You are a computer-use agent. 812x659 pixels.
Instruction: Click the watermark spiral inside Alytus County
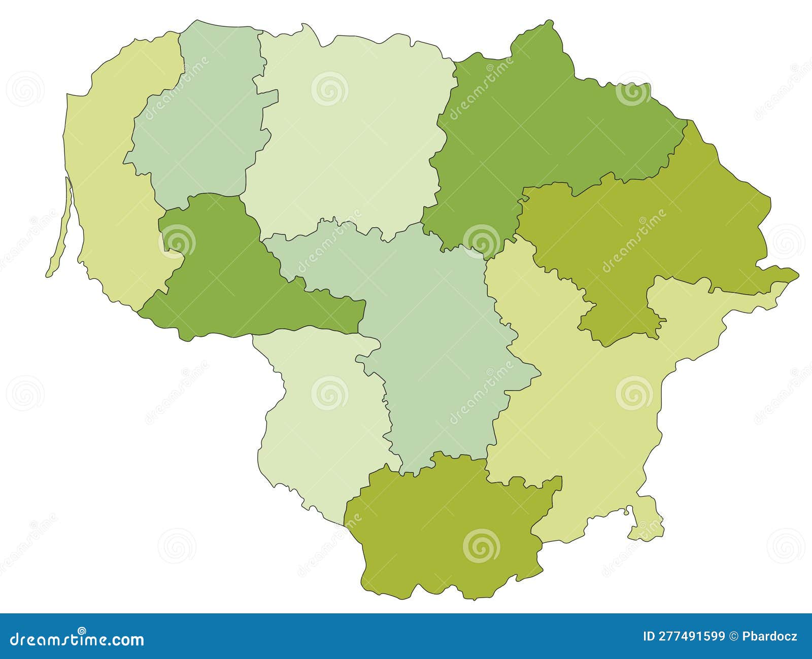tap(481, 546)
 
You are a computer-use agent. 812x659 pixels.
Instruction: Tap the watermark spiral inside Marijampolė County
tap(329, 393)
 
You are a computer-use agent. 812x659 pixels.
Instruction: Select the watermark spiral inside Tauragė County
tap(177, 241)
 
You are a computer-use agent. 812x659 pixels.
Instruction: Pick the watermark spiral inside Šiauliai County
tap(329, 89)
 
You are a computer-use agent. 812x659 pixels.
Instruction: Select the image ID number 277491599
tap(691, 636)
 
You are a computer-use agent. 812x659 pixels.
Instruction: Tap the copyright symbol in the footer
tap(734, 636)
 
